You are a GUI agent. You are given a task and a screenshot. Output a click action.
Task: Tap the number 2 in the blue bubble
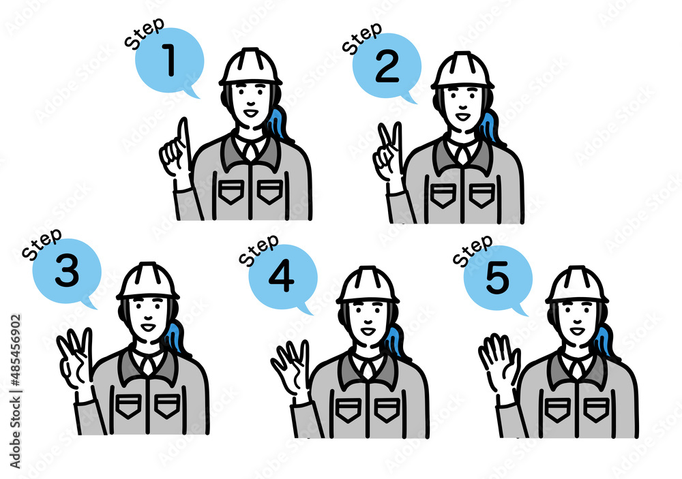[387, 67]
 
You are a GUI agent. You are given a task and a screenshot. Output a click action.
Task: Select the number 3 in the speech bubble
[67, 271]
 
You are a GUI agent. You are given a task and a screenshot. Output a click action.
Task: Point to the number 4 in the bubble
[282, 277]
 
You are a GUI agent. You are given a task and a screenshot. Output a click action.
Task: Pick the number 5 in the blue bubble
[497, 278]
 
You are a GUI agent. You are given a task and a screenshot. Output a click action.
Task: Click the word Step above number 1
[144, 33]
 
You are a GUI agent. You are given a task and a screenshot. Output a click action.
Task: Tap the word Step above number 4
[258, 250]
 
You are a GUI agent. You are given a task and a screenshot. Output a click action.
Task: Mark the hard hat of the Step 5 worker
[577, 284]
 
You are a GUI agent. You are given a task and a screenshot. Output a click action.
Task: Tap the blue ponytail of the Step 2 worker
[490, 127]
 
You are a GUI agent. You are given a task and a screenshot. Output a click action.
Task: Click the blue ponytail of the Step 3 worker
[175, 337]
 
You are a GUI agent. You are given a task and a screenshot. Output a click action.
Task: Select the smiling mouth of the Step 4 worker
[368, 331]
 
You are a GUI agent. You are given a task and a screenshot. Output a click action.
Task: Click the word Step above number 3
[42, 245]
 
